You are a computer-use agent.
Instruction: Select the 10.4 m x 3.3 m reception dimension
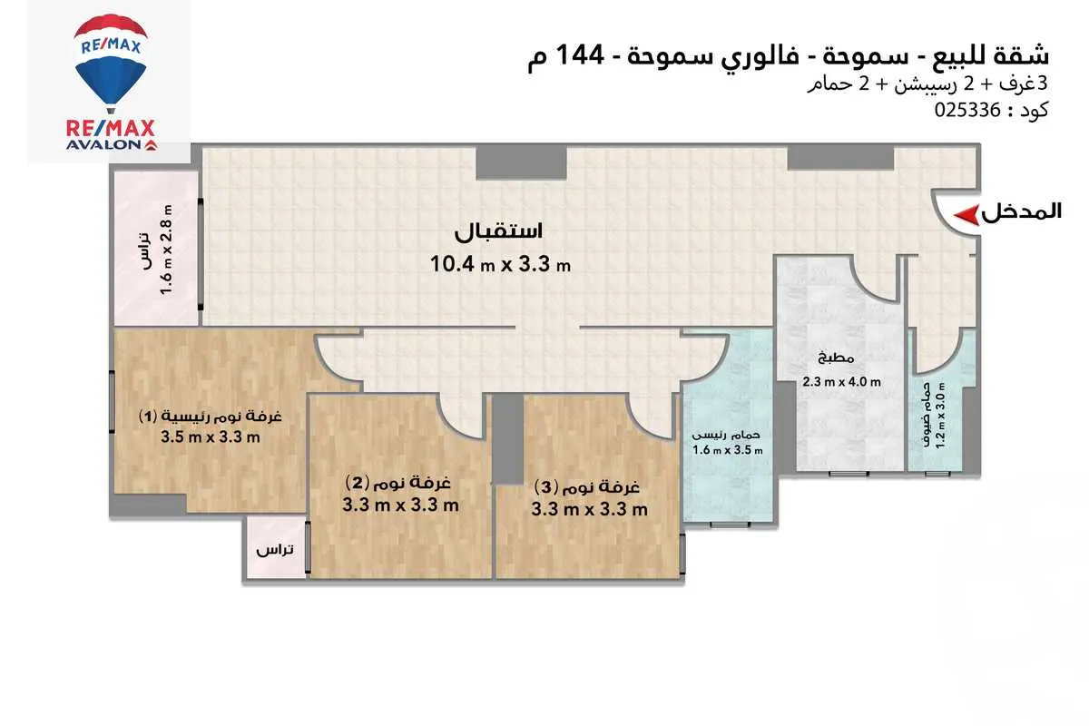(501, 264)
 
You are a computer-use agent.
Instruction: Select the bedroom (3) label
(590, 486)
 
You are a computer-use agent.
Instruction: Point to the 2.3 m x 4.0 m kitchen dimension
(841, 382)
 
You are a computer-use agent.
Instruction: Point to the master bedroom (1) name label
(211, 417)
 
